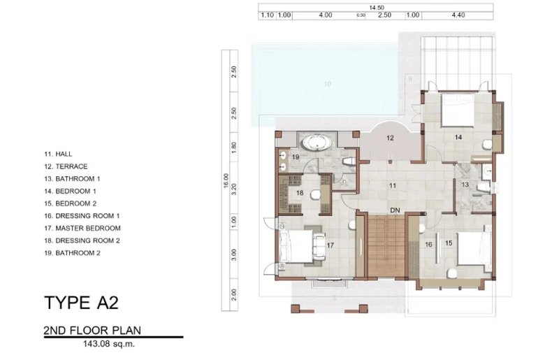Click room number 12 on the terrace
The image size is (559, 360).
391,138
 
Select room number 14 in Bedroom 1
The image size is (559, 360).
458,138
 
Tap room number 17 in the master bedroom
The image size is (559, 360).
329,245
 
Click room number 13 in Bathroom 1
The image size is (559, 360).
465,184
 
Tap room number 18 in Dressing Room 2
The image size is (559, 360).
298,193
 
